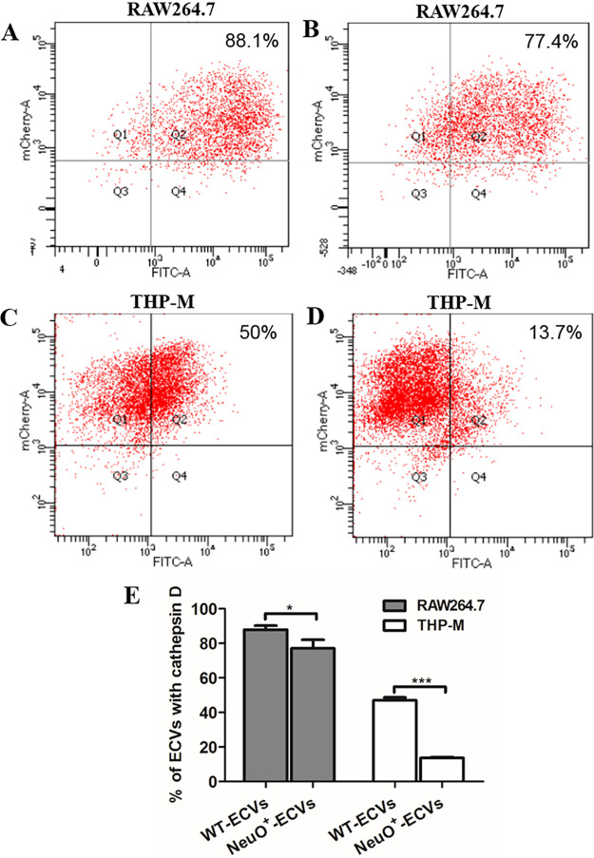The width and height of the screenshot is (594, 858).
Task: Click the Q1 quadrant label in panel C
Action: click(x=119, y=419)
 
